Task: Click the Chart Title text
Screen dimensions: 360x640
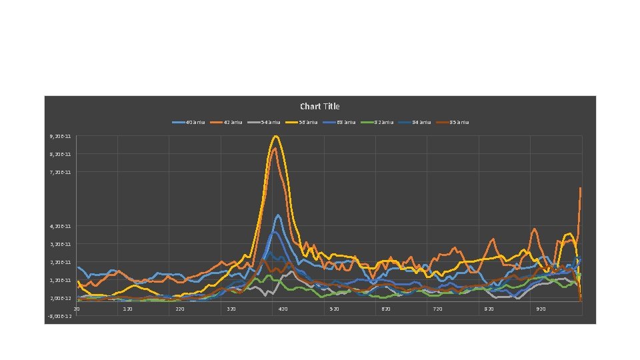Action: coord(319,107)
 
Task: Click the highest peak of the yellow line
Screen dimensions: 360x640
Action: coord(275,136)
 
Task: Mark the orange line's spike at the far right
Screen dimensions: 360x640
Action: coord(580,189)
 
